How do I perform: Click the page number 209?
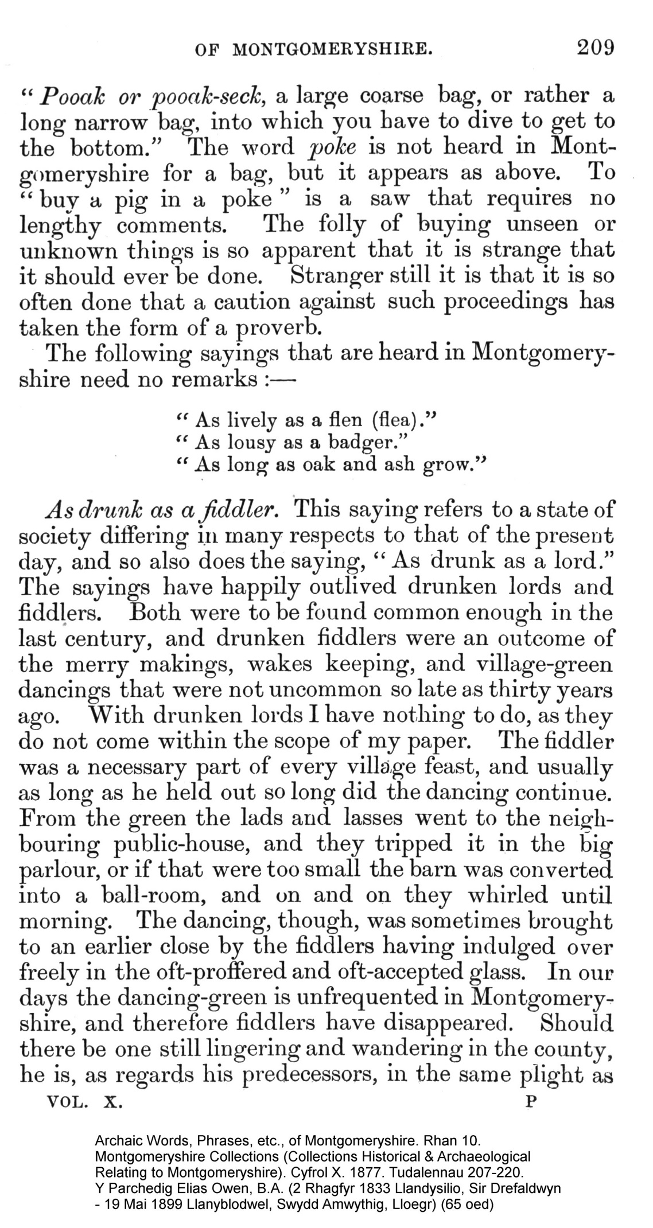point(595,47)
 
